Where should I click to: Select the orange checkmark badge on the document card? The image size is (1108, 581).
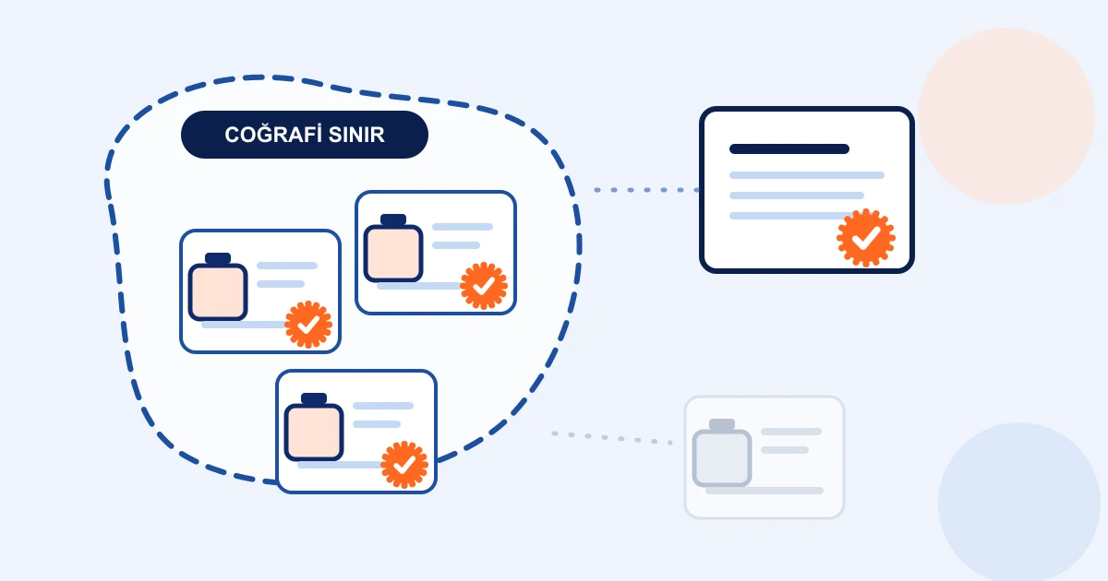(x=866, y=238)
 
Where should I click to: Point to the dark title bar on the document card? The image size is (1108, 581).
(x=789, y=148)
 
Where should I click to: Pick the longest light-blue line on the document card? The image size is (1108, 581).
(x=807, y=175)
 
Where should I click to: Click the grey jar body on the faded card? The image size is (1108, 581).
(x=722, y=458)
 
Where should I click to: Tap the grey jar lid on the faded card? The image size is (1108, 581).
(x=722, y=424)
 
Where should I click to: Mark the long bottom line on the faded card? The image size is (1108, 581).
(x=765, y=491)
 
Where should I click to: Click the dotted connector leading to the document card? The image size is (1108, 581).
(x=646, y=190)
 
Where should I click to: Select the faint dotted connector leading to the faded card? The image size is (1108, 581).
(x=612, y=438)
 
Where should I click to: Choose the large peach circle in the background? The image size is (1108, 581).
(x=1006, y=116)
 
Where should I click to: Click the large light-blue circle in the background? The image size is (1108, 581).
(x=1019, y=502)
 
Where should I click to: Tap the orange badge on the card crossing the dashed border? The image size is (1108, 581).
(x=404, y=465)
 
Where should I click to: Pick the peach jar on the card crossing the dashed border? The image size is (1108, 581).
(x=314, y=432)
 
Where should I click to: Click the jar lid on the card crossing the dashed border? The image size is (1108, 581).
(x=314, y=398)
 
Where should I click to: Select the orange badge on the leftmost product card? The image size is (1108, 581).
(x=308, y=325)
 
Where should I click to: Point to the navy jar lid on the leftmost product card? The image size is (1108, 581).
(x=218, y=258)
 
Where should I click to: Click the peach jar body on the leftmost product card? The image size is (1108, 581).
(x=218, y=292)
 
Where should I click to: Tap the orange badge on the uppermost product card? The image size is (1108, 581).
(x=483, y=286)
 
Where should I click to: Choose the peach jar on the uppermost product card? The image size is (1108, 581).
(x=393, y=253)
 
